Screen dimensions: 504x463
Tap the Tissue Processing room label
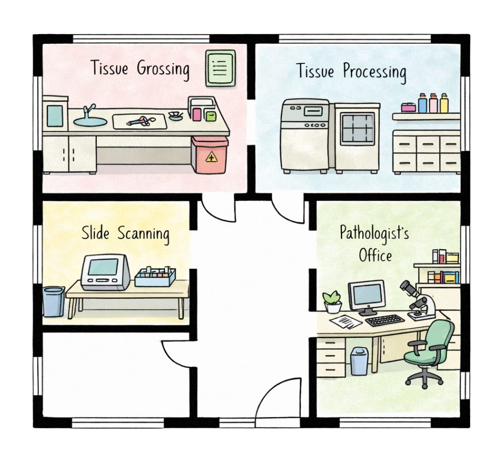tap(351, 71)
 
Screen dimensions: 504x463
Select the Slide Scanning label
tap(125, 234)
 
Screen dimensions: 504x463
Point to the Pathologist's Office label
tap(374, 244)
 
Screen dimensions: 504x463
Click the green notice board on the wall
tap(221, 68)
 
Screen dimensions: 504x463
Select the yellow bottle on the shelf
tap(444, 103)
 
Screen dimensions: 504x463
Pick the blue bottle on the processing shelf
tap(423, 103)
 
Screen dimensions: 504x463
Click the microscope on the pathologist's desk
tap(418, 301)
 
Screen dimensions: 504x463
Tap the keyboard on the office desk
tap(385, 320)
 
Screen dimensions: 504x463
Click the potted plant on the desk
tap(333, 302)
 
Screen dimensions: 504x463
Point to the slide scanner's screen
tap(103, 267)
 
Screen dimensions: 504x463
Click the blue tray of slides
tap(155, 277)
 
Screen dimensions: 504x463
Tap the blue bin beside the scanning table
tap(54, 301)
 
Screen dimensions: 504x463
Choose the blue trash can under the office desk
tap(359, 361)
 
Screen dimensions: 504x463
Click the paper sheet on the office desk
tap(346, 322)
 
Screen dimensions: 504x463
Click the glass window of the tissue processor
tap(358, 128)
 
